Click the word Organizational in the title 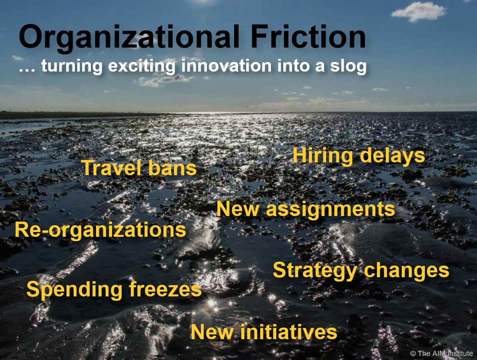(129, 38)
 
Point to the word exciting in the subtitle (142, 66)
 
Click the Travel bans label (139, 168)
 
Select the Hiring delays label (359, 156)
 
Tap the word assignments (331, 210)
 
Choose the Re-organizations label (100, 230)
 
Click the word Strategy (315, 271)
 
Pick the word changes (407, 271)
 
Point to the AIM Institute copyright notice (441, 353)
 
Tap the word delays (392, 156)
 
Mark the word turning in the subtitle (72, 66)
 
